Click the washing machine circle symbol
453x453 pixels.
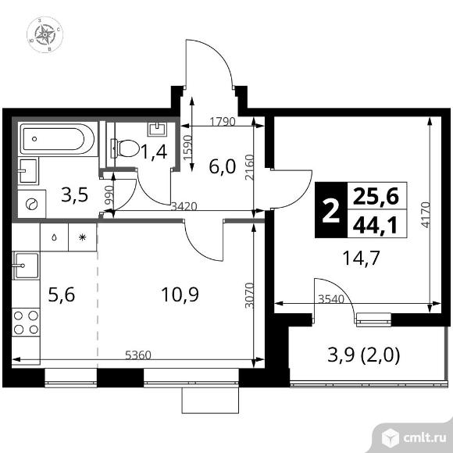32,204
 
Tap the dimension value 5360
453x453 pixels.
140,355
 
